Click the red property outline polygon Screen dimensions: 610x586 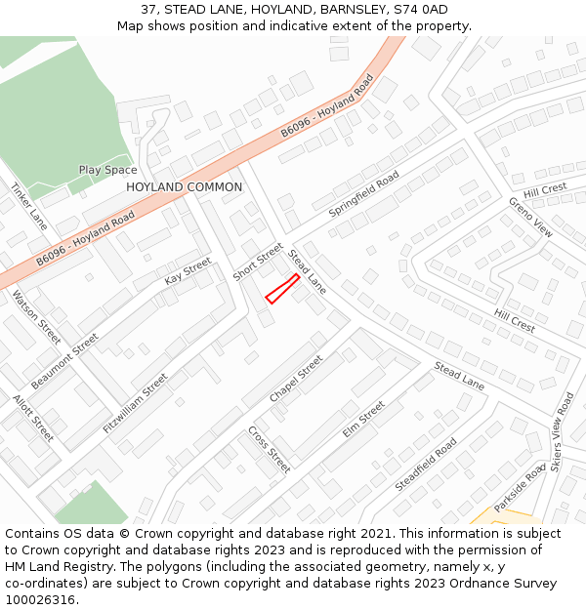(x=282, y=289)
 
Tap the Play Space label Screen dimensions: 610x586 (x=107, y=170)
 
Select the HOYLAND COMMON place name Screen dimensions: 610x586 (x=184, y=186)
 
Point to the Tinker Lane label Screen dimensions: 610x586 (x=29, y=200)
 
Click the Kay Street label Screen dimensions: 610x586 (x=188, y=270)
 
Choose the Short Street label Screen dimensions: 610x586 (x=257, y=262)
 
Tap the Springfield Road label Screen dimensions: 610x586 (x=363, y=193)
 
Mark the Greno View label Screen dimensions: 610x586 (x=530, y=217)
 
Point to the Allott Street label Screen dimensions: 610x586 (x=33, y=417)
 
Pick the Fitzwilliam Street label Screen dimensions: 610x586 (x=135, y=402)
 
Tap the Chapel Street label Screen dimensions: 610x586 (x=296, y=379)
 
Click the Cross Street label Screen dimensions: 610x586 (x=269, y=448)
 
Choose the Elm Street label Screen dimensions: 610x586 (x=363, y=419)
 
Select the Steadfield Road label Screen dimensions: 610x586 (x=426, y=464)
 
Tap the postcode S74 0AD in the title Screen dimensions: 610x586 (x=420, y=10)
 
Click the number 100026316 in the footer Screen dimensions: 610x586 (x=40, y=599)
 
